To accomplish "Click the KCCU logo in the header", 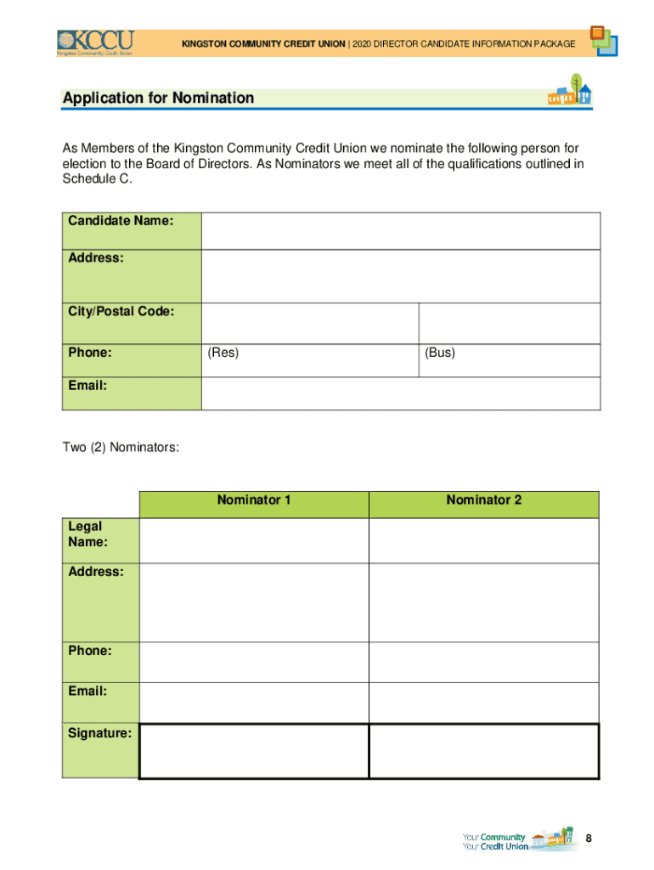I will point(95,42).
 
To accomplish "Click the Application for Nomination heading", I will point(158,99).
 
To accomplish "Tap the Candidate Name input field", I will point(400,231).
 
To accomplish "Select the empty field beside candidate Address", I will point(400,276).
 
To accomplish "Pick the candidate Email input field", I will point(400,393).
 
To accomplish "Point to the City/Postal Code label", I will point(121,312).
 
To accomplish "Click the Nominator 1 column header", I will point(254,500).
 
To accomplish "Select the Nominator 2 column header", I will point(484,500).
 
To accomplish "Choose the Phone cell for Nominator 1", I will point(254,662).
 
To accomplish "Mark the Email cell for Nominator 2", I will point(484,702).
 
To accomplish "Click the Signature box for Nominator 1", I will point(254,751).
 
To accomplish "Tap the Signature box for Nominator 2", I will point(484,751).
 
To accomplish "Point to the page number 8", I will point(588,839).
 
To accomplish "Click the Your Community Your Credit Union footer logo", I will point(518,840).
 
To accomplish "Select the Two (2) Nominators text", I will point(121,447).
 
